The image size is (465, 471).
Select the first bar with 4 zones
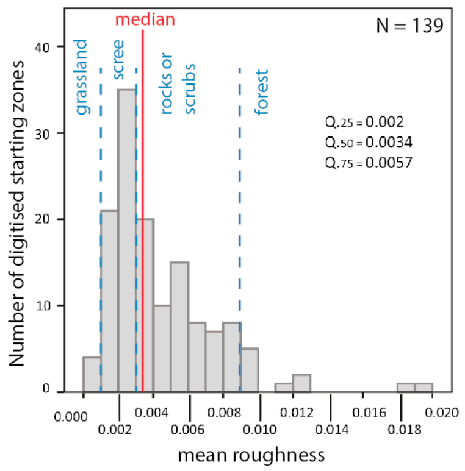(x=92, y=374)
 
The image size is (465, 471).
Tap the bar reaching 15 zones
(x=179, y=327)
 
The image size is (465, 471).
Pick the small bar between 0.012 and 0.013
(x=301, y=383)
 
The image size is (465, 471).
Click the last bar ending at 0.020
(x=424, y=387)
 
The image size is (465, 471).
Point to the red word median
(x=145, y=19)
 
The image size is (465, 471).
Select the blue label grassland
(x=82, y=78)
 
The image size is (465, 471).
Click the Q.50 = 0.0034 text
(x=369, y=143)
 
